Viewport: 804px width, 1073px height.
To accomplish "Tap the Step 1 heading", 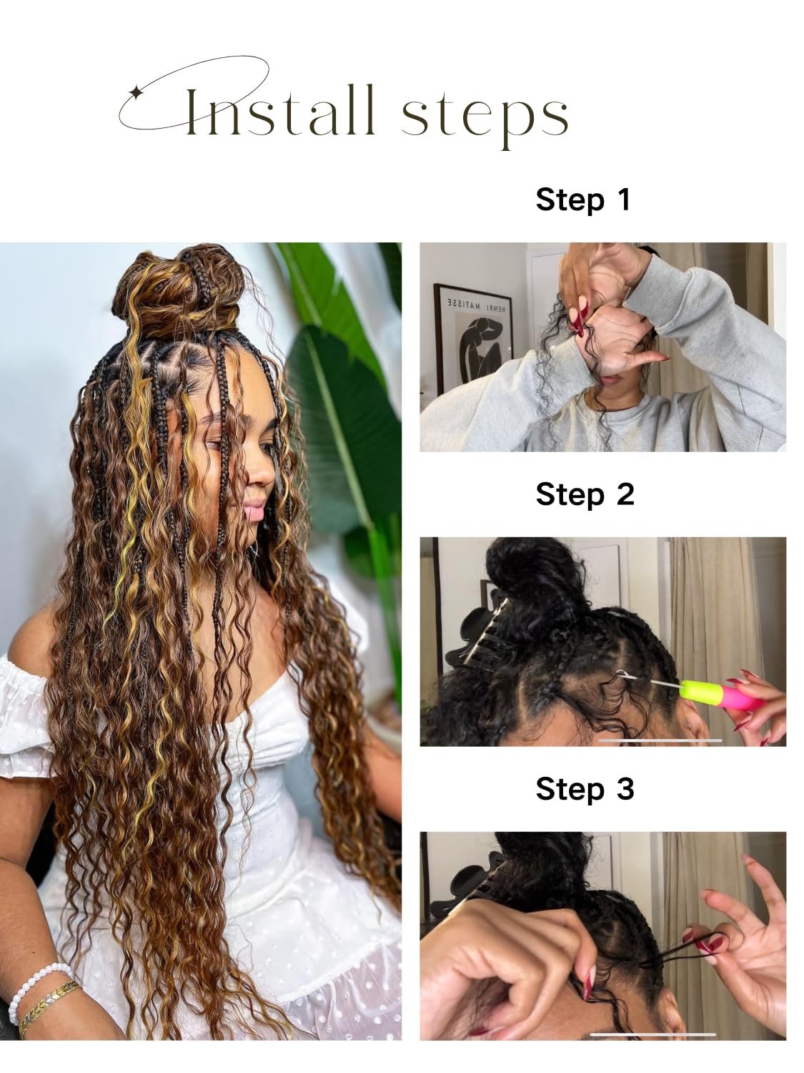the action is (x=583, y=200).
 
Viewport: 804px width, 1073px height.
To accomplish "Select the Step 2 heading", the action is (x=585, y=495).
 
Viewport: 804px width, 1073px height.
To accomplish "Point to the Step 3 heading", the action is (x=585, y=789).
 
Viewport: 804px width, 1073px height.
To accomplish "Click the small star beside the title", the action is (x=135, y=92).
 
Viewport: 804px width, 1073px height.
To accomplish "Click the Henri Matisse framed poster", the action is (x=472, y=339).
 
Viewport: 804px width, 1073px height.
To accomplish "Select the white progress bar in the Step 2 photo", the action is (x=660, y=740).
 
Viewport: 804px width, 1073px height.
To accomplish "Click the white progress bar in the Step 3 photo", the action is (x=653, y=1034).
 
